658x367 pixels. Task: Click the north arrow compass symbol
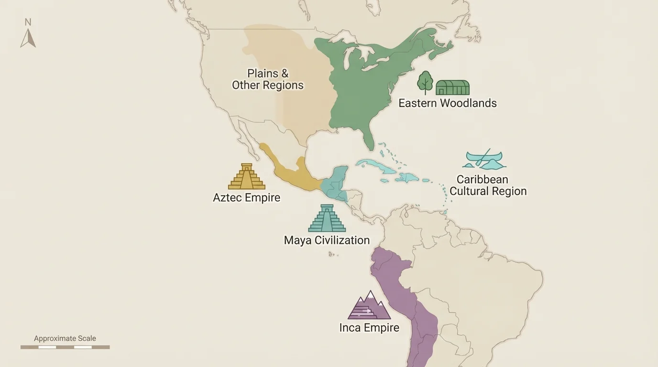28,38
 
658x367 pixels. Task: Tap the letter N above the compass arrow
28,22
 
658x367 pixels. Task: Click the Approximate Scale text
65,338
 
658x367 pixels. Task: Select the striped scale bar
65,347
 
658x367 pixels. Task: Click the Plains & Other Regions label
268,79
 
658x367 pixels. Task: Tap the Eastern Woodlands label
447,103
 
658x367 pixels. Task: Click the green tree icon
425,82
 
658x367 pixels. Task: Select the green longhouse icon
452,87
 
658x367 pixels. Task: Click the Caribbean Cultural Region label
488,185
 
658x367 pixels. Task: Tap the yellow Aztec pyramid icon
246,176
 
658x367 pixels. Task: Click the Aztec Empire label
246,198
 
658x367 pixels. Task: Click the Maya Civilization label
327,240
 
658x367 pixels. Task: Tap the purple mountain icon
369,306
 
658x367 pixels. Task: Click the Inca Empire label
369,328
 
